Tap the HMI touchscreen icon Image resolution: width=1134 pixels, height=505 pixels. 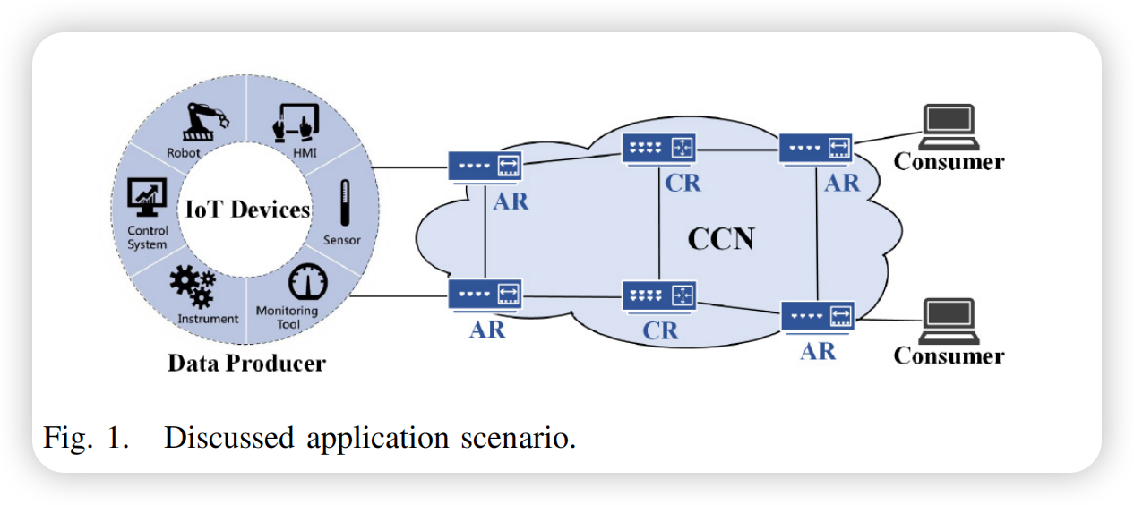(295, 122)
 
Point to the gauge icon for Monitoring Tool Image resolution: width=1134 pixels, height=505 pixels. (307, 284)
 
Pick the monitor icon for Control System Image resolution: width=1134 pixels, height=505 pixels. (147, 196)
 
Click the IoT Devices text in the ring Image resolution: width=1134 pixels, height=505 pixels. (248, 210)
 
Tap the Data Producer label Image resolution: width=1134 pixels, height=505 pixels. (246, 364)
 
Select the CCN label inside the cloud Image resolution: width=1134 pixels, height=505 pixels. (721, 239)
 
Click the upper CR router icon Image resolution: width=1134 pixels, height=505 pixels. (659, 149)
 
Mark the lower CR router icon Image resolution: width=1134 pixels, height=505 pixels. (659, 295)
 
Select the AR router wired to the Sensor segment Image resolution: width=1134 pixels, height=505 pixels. (485, 166)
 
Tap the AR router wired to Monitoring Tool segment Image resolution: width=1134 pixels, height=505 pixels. (485, 294)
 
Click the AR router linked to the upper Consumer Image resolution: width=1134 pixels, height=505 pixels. (815, 148)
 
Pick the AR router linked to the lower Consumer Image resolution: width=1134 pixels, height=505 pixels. (817, 316)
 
